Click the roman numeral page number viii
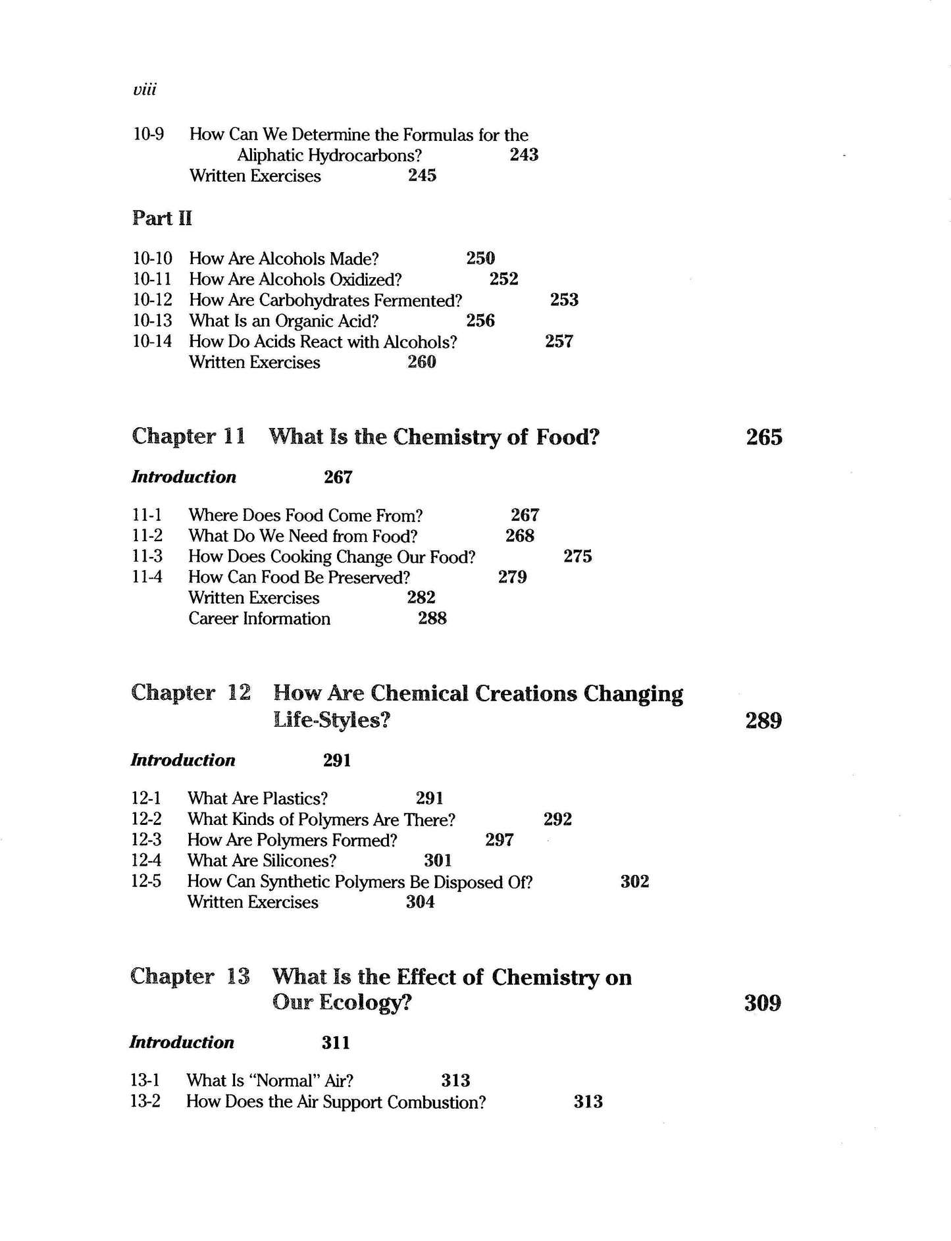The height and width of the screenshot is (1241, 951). click(145, 90)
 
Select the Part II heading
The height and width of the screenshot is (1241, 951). click(162, 218)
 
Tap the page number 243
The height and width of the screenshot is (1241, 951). click(524, 155)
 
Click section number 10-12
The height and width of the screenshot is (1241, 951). click(152, 300)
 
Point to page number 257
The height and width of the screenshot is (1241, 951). click(559, 341)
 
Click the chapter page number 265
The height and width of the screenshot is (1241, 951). click(764, 437)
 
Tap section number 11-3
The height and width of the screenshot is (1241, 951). click(147, 556)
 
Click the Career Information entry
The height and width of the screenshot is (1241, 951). click(259, 618)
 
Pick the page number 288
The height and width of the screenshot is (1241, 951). click(432, 618)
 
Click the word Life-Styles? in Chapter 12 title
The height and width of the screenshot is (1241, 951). click(332, 720)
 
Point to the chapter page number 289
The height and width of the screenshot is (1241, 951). click(763, 721)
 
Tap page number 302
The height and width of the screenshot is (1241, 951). click(634, 882)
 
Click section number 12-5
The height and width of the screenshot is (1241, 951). click(146, 881)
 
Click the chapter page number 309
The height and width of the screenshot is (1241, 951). click(763, 1003)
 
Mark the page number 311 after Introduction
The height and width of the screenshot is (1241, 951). click(336, 1043)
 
